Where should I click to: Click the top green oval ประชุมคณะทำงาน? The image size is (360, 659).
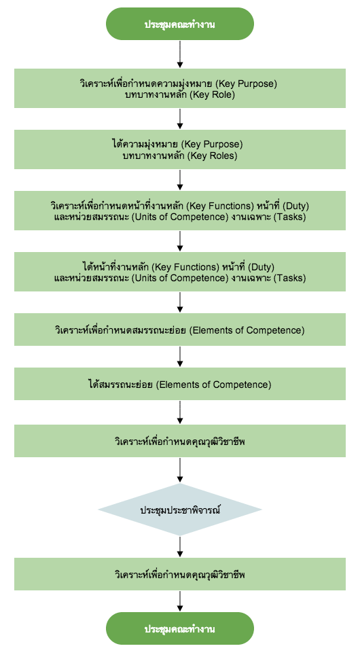tap(180, 24)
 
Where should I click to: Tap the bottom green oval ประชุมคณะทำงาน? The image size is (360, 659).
tap(180, 628)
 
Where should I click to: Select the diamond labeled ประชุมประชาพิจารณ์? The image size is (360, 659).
tap(180, 510)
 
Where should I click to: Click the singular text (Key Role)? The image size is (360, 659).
tap(212, 94)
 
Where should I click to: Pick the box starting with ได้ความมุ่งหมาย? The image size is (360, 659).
tap(180, 149)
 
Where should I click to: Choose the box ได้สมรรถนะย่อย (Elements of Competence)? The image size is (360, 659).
tap(180, 384)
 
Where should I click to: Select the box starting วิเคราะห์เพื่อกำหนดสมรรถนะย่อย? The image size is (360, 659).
tap(180, 330)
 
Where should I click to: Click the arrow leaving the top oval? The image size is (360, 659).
tap(180, 54)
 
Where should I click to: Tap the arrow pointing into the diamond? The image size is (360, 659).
tap(180, 470)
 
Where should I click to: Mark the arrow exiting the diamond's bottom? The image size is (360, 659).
tap(180, 547)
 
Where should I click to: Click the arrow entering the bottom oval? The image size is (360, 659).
tap(180, 601)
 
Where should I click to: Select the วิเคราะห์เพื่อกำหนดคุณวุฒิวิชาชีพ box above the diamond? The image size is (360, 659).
tap(180, 441)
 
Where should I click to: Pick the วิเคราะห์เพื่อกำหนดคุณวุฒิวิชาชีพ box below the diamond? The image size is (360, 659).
tap(180, 574)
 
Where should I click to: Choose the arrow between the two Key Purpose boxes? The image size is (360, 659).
tap(180, 119)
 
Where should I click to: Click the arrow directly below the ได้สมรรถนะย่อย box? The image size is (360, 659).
tap(180, 412)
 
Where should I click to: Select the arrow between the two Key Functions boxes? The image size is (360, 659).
tap(180, 241)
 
